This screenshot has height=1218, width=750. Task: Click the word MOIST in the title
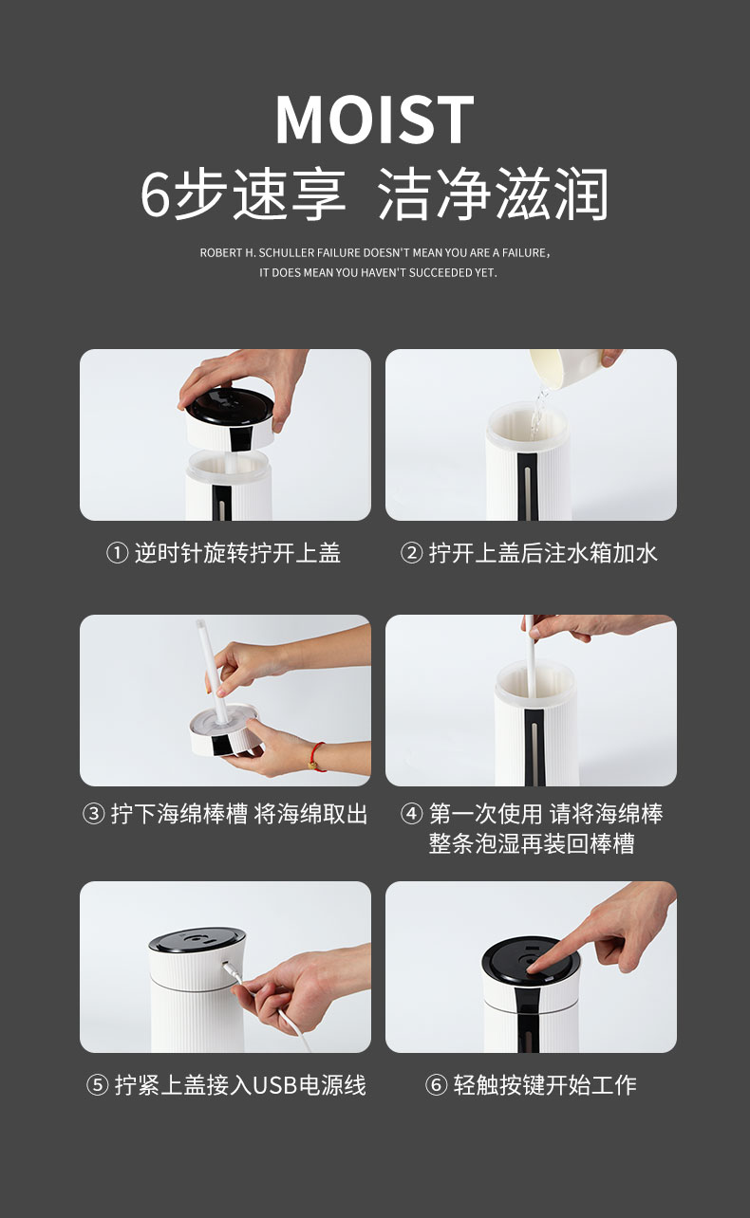tap(374, 120)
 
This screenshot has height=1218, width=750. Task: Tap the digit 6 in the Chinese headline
tap(156, 194)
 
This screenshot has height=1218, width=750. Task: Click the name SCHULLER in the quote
tap(287, 253)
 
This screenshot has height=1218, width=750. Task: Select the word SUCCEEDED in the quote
tap(440, 273)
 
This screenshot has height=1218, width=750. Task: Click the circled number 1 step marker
tap(117, 553)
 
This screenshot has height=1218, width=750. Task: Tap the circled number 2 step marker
tap(411, 553)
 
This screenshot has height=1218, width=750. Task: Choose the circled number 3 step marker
tap(93, 814)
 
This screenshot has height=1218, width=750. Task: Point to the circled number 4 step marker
tap(411, 814)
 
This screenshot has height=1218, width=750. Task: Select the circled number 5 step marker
tap(97, 1085)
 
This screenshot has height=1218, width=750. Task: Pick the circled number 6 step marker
tap(436, 1085)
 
